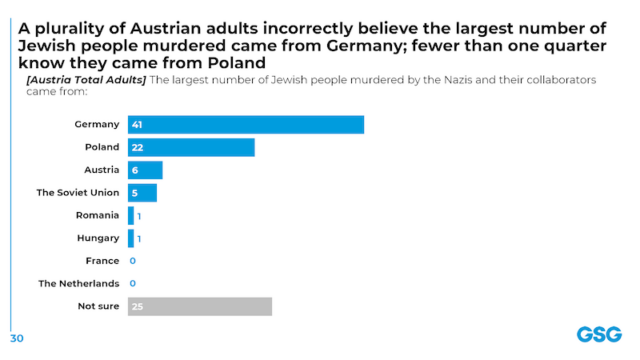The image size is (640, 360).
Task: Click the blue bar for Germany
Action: (246, 125)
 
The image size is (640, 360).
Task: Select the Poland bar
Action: (191, 147)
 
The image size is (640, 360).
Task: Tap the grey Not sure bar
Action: (200, 306)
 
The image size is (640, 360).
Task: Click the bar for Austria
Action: (145, 170)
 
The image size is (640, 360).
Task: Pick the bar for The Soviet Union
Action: (142, 193)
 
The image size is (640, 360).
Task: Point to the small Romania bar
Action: (131, 215)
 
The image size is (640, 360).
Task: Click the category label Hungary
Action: (97, 238)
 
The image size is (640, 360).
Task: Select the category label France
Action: (103, 261)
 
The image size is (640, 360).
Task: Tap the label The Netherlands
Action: (79, 284)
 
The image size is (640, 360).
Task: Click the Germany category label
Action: (97, 125)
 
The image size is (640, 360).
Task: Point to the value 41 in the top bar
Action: (137, 125)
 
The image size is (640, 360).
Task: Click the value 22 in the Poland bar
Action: (137, 147)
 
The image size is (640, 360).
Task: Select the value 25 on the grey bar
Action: (137, 306)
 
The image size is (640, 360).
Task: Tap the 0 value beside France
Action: (132, 261)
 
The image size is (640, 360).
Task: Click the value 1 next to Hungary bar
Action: (139, 238)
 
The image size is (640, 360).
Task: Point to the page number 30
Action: (17, 337)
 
